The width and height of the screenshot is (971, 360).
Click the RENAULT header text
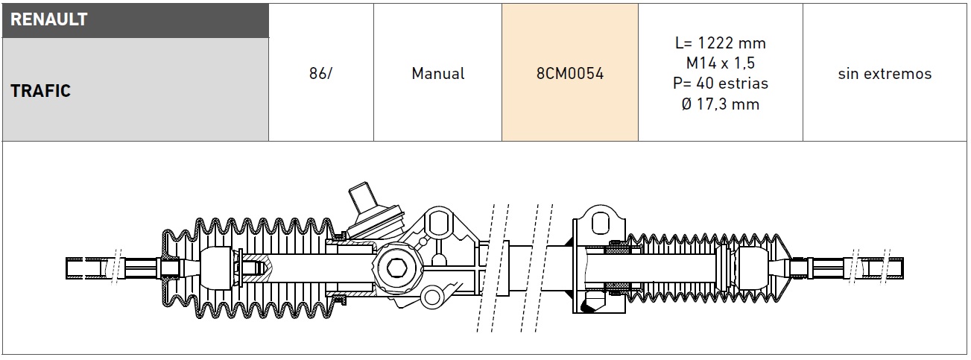(49, 19)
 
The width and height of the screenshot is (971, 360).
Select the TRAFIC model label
(40, 91)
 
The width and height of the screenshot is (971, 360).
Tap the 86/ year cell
(320, 73)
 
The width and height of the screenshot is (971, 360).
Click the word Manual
(438, 73)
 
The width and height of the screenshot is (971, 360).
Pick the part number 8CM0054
(570, 73)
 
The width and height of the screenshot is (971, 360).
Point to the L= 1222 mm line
(721, 43)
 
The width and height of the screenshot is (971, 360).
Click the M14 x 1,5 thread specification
(721, 63)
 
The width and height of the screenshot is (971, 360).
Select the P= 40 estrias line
(721, 83)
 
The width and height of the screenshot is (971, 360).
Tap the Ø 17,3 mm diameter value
(721, 104)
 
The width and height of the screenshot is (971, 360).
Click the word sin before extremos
(848, 74)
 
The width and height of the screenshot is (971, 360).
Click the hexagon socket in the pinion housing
(396, 268)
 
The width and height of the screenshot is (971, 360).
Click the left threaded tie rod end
(92, 268)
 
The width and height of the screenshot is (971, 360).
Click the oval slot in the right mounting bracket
(601, 224)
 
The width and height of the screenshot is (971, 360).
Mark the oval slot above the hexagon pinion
(438, 221)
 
